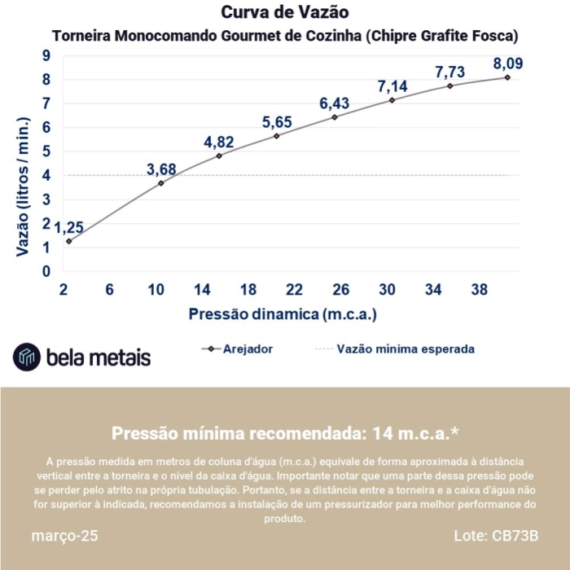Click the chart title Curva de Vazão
pyautogui.click(x=285, y=12)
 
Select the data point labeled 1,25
pyautogui.click(x=68, y=241)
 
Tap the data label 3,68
pyautogui.click(x=161, y=169)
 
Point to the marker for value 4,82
pyautogui.click(x=219, y=156)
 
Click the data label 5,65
pyautogui.click(x=277, y=122)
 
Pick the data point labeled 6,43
pyautogui.click(x=335, y=116)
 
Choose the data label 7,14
pyautogui.click(x=392, y=85)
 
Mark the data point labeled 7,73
pyautogui.click(x=449, y=85)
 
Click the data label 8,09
pyautogui.click(x=507, y=63)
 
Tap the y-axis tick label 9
pyautogui.click(x=46, y=55)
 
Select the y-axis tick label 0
pyautogui.click(x=46, y=271)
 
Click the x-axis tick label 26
pyautogui.click(x=341, y=290)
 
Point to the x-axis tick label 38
pyautogui.click(x=479, y=290)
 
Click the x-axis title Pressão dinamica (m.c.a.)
pyautogui.click(x=283, y=313)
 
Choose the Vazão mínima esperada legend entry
pyautogui.click(x=394, y=349)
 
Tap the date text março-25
pyautogui.click(x=64, y=537)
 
